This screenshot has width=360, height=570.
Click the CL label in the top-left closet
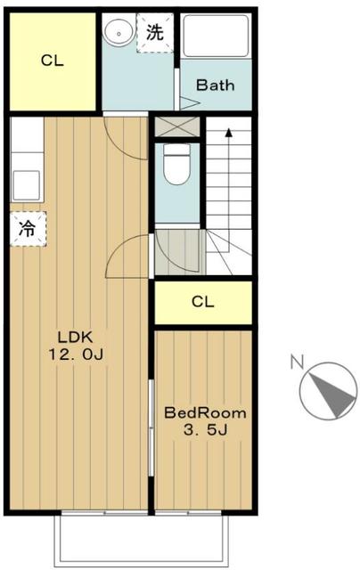tap(52, 61)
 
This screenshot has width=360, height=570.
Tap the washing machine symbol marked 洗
tap(154, 33)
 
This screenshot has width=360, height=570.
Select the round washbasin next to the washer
tap(116, 34)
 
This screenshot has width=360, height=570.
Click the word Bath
tap(215, 85)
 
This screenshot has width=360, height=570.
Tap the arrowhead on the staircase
tap(229, 134)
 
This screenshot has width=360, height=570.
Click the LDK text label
tap(76, 338)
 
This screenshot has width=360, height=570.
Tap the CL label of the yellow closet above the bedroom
tap(203, 302)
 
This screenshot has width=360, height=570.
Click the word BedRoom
tap(205, 414)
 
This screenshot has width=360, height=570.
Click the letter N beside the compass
tap(297, 362)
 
